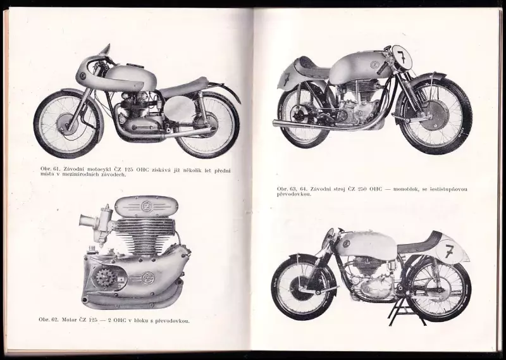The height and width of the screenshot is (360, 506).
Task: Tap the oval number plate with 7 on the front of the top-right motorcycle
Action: [402, 57]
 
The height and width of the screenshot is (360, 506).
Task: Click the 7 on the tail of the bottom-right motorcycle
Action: [449, 251]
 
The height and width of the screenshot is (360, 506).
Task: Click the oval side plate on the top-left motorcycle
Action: [180, 109]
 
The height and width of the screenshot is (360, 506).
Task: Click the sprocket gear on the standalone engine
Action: [104, 278]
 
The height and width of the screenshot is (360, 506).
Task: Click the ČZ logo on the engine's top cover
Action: [146, 206]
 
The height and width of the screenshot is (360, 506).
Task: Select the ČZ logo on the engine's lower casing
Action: [148, 278]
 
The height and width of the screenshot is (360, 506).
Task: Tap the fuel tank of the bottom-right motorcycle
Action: [365, 244]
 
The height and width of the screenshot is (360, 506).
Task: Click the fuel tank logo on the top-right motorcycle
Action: [374, 65]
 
